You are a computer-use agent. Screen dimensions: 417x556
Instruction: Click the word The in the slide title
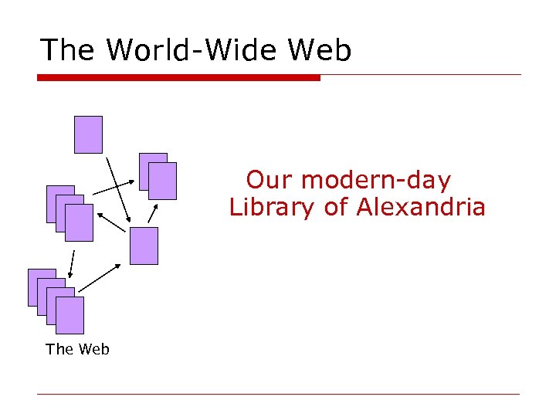[x=68, y=50]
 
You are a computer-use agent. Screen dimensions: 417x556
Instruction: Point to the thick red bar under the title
[x=178, y=77]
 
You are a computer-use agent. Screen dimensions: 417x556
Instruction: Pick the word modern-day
[x=375, y=181]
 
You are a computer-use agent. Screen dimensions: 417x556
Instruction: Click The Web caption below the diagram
[x=77, y=349]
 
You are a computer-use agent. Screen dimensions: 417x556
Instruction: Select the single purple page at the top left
[x=88, y=134]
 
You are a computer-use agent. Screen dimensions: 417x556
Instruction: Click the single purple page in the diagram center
[x=144, y=246]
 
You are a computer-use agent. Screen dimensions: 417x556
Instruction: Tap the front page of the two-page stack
[x=163, y=181]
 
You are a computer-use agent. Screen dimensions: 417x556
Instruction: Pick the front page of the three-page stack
[x=79, y=223]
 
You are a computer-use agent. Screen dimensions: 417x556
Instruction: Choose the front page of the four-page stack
[x=69, y=315]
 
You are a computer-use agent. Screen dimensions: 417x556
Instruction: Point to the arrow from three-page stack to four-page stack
[x=72, y=263]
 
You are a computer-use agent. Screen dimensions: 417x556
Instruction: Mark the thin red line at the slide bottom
[x=278, y=394]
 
